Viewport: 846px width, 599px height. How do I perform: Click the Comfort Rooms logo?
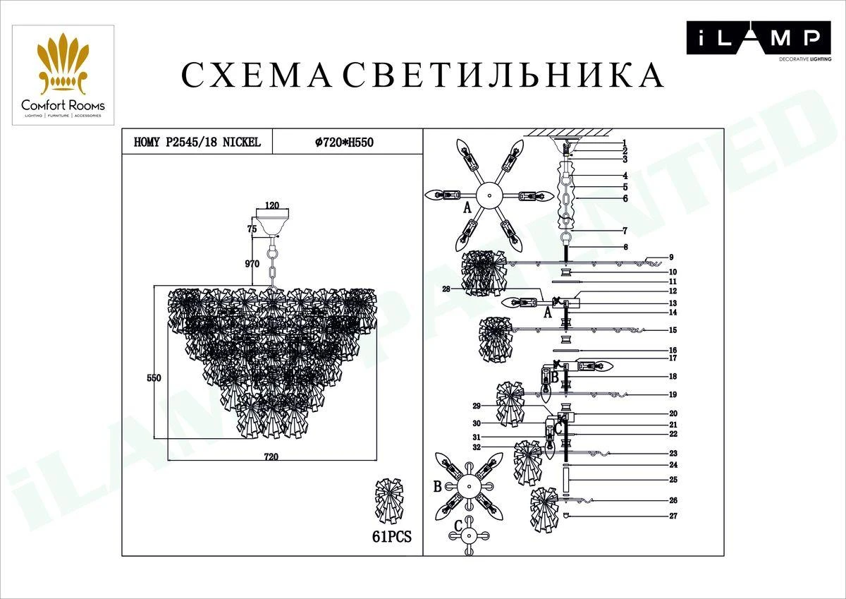pyautogui.click(x=63, y=75)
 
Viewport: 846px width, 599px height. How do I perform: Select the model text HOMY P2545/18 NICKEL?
pyautogui.click(x=197, y=142)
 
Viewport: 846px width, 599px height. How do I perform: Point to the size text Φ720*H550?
pyautogui.click(x=343, y=142)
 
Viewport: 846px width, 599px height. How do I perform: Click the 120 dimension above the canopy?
pyautogui.click(x=271, y=206)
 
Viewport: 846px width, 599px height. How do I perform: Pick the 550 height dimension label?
pyautogui.click(x=154, y=377)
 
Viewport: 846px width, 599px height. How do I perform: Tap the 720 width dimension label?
pyautogui.click(x=271, y=457)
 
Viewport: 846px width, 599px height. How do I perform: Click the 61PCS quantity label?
pyautogui.click(x=391, y=537)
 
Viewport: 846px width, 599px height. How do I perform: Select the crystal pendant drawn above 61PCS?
pyautogui.click(x=392, y=501)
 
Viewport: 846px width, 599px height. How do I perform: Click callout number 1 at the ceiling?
pyautogui.click(x=624, y=143)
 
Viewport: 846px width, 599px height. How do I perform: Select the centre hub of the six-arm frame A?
pyautogui.click(x=486, y=195)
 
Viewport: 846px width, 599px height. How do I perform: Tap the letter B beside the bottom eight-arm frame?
pyautogui.click(x=437, y=486)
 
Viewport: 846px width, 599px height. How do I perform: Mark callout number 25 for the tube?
pyautogui.click(x=673, y=480)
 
